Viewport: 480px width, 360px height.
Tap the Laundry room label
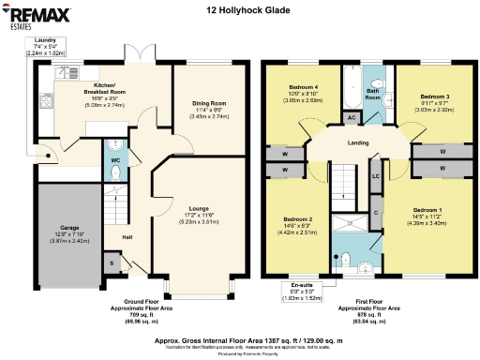44,41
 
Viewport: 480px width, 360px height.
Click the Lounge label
198,208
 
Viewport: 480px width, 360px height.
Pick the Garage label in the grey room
69,227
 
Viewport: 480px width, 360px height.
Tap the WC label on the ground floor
114,160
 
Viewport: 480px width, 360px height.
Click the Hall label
127,236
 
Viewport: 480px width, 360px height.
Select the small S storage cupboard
113,263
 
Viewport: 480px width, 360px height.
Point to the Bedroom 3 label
435,97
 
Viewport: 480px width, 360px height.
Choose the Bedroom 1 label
426,209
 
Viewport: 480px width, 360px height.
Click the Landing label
357,143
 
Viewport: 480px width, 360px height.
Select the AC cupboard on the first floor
351,117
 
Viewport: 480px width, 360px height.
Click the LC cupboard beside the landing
375,175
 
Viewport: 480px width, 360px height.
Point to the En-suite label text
302,283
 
